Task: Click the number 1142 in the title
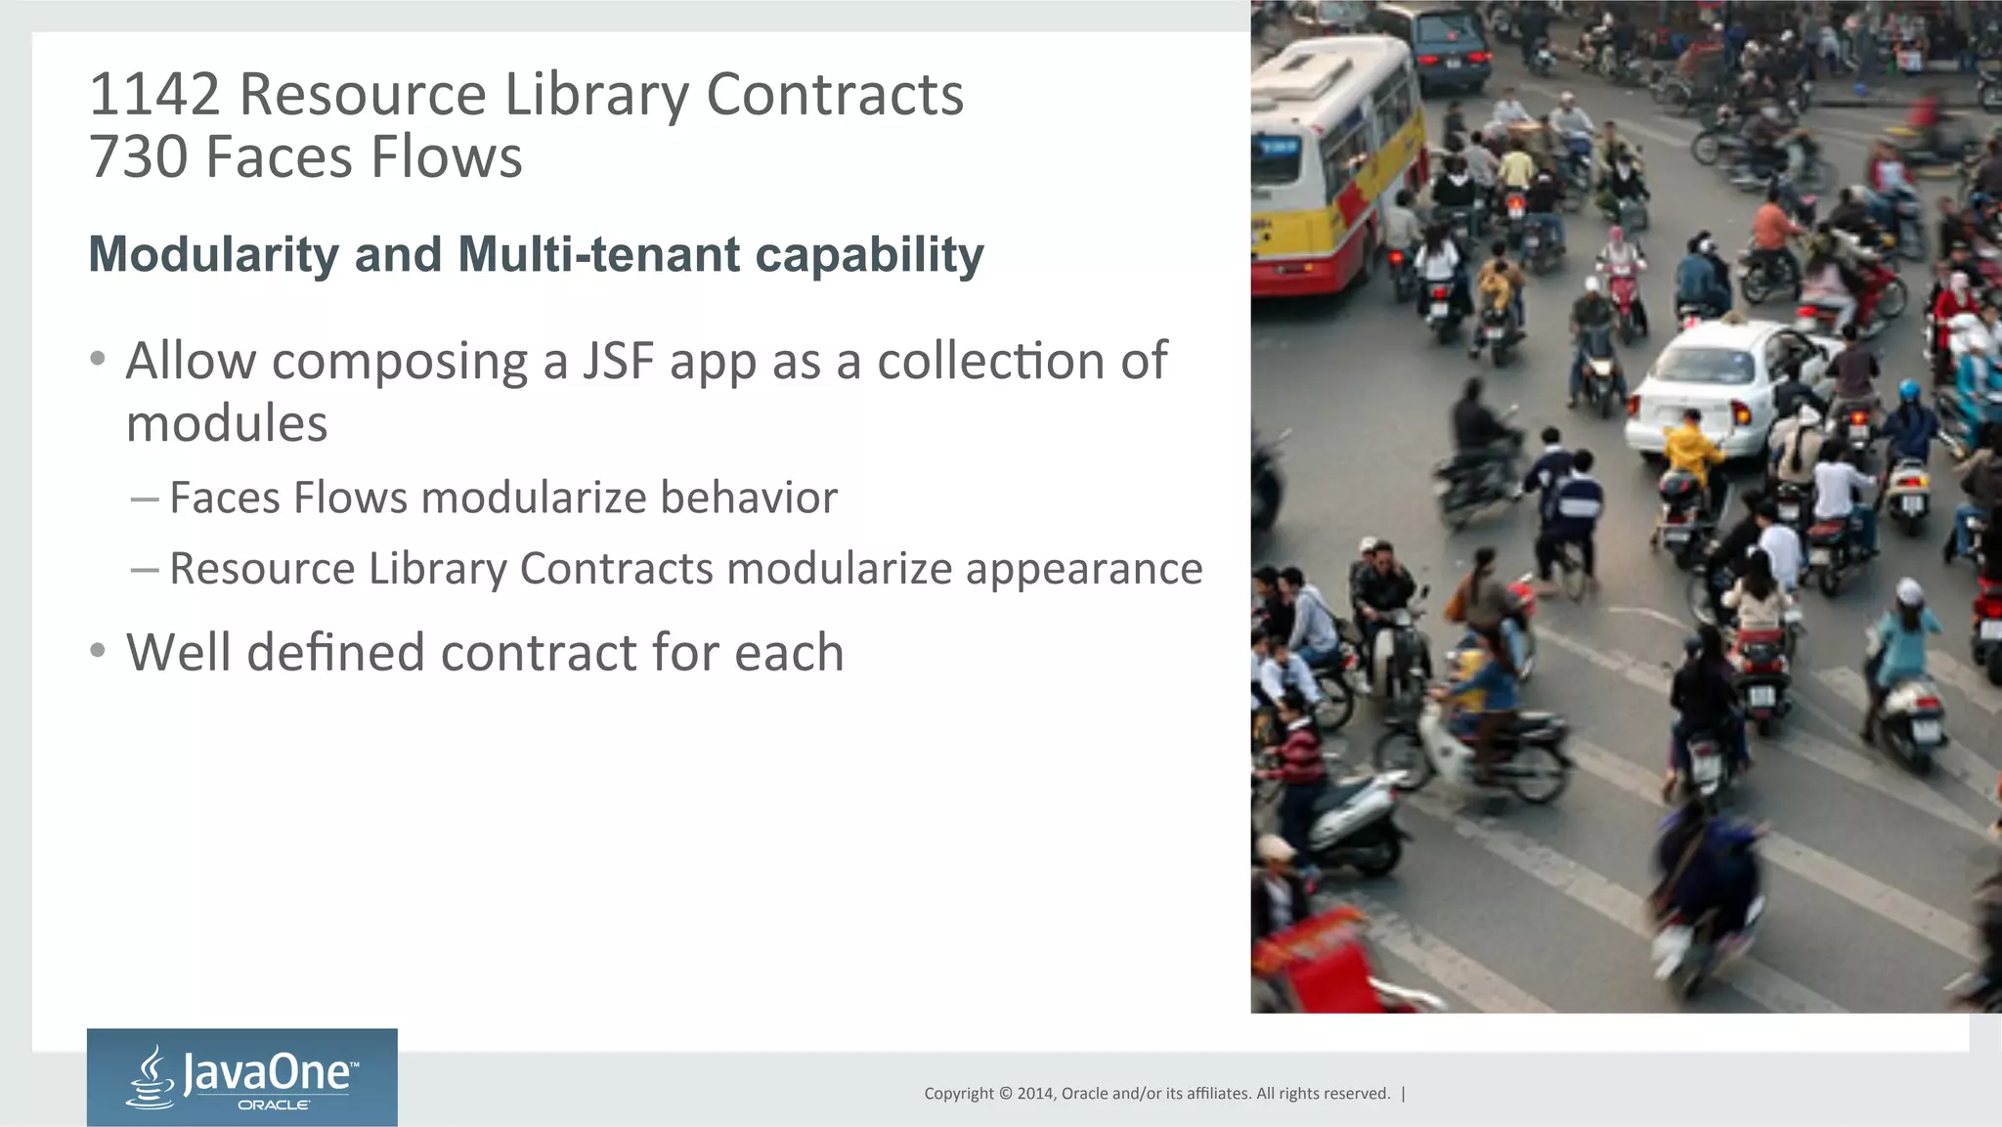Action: (x=154, y=95)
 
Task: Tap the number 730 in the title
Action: (x=138, y=157)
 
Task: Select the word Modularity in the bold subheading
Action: (x=213, y=255)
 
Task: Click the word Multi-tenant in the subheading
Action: (x=598, y=255)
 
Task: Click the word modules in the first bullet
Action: (x=227, y=424)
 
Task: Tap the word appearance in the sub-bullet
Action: (x=1084, y=569)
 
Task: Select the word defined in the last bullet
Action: (x=335, y=653)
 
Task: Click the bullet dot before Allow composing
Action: (x=97, y=359)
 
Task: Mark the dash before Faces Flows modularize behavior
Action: (x=145, y=499)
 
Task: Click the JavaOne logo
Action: (x=241, y=1076)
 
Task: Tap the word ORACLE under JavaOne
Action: (x=275, y=1105)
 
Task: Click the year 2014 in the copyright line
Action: (x=1034, y=1094)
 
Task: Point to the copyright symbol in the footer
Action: (x=1004, y=1094)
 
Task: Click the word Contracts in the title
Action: (x=835, y=95)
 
